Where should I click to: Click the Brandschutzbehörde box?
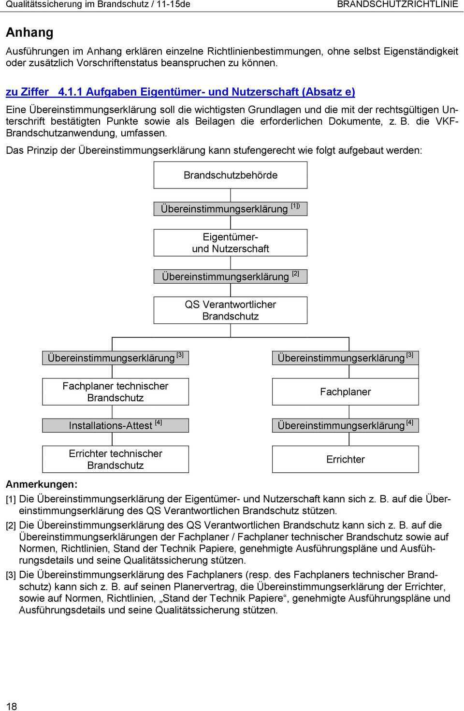(231, 175)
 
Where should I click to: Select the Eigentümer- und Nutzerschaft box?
(231, 243)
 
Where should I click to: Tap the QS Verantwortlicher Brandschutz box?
(231, 310)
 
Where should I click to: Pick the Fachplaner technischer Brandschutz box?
(116, 392)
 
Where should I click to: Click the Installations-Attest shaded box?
(116, 425)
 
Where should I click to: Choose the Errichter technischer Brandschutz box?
(116, 459)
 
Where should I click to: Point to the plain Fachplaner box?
(345, 392)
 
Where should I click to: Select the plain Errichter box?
(345, 459)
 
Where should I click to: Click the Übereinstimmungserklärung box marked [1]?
(231, 209)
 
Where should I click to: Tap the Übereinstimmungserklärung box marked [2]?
(231, 276)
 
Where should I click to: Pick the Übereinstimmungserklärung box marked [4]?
(345, 425)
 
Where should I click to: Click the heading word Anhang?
(29, 32)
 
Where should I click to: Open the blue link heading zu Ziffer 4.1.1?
(180, 92)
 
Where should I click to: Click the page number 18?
(11, 706)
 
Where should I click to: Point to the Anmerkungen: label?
(42, 484)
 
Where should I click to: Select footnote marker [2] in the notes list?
(11, 525)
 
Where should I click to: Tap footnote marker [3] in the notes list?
(11, 575)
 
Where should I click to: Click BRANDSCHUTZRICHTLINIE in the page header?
(397, 4)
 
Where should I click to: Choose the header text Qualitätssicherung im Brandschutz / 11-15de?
(98, 4)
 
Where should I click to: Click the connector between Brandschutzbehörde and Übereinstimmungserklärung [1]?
(231, 195)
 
